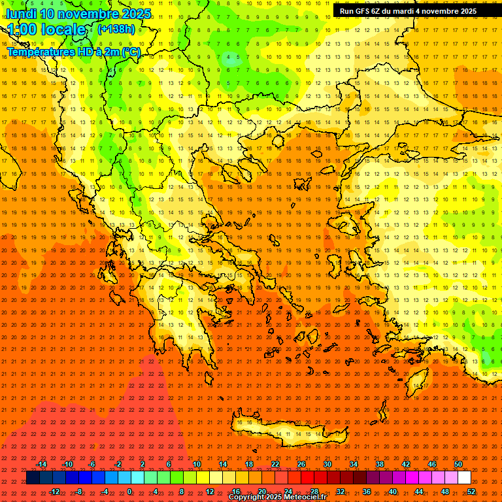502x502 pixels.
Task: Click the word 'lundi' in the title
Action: pyautogui.click(x=21, y=14)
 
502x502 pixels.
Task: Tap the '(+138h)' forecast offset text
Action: pyautogui.click(x=116, y=29)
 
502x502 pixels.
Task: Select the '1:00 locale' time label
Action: pyautogui.click(x=46, y=29)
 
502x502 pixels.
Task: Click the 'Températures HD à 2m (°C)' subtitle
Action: pyautogui.click(x=73, y=52)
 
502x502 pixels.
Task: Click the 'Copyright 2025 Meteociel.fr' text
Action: pyautogui.click(x=277, y=497)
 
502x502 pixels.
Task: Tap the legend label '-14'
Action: pyautogui.click(x=41, y=464)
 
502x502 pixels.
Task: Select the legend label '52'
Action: pyautogui.click(x=471, y=492)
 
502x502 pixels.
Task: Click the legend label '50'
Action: pyautogui.click(x=458, y=464)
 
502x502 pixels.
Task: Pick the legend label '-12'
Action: pyautogui.click(x=54, y=492)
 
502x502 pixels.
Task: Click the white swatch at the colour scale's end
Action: pyautogui.click(x=464, y=478)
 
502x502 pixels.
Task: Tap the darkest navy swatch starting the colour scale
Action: pyautogui.click(x=33, y=478)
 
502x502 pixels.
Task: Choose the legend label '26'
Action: pyautogui.click(x=301, y=464)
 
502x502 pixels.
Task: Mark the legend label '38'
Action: pyautogui.click(x=380, y=464)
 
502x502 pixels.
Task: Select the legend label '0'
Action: pyautogui.click(x=129, y=492)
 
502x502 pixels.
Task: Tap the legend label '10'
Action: pyautogui.click(x=197, y=464)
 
